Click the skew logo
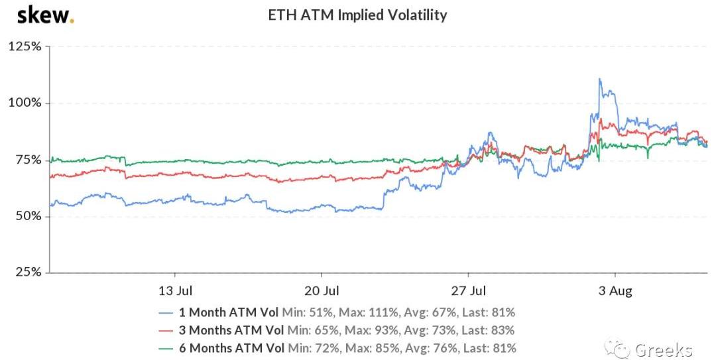[x=45, y=15]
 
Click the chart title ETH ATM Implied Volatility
[x=357, y=15]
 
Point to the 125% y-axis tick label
[x=25, y=47]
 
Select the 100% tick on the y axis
[x=25, y=103]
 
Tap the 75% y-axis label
[x=27, y=160]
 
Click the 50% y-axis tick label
[x=27, y=217]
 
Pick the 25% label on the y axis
[x=27, y=272]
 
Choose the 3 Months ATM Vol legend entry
[x=231, y=330]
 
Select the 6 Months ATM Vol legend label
[x=231, y=347]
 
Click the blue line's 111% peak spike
[x=600, y=80]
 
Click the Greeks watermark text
[x=663, y=349]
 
